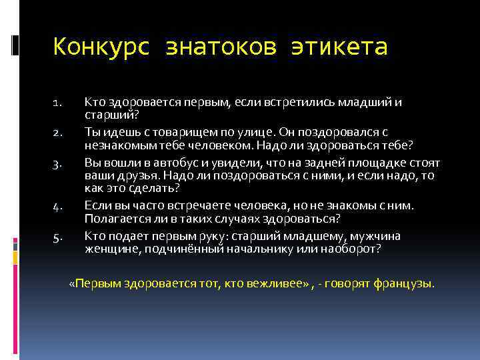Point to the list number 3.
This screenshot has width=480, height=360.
coord(57,164)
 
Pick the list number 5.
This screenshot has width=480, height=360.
coord(57,238)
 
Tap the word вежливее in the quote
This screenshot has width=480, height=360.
coord(274,283)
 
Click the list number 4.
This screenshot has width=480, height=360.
coord(57,207)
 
